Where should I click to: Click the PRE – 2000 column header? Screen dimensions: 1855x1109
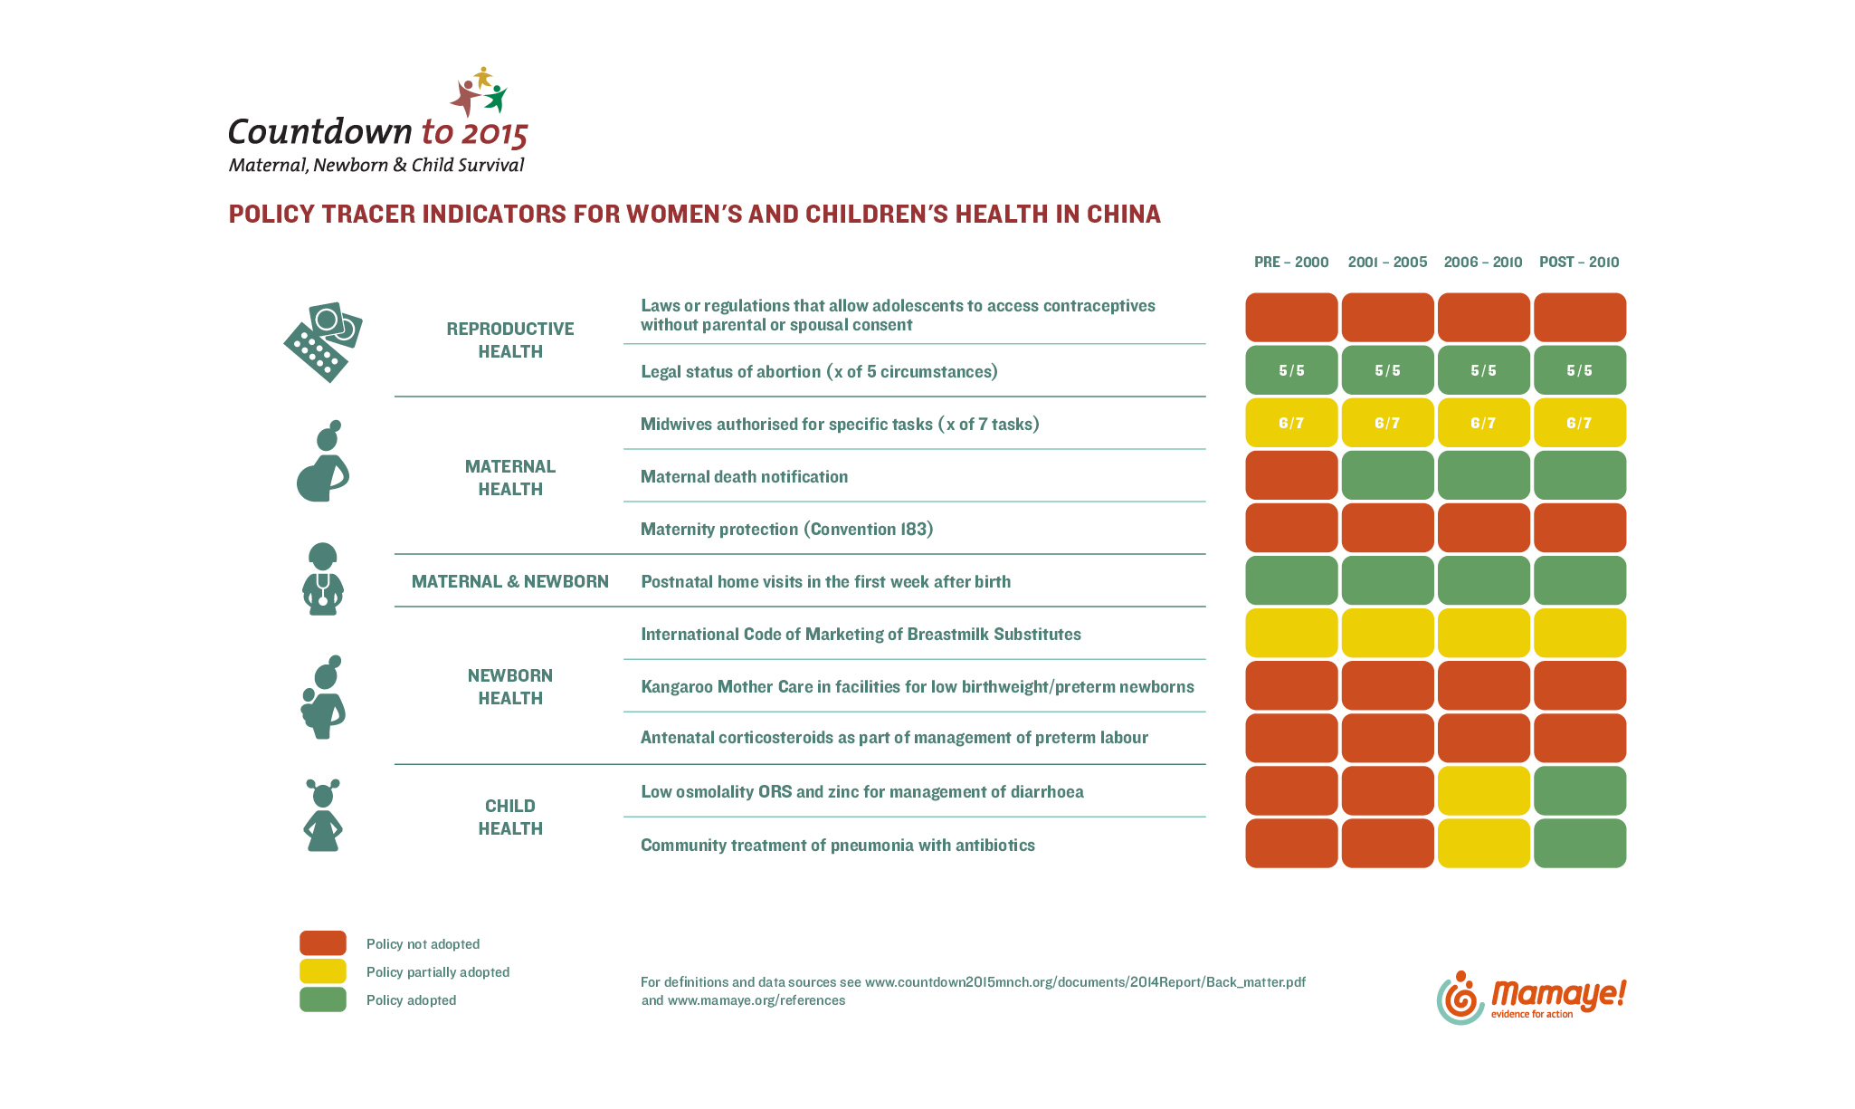[x=1291, y=263]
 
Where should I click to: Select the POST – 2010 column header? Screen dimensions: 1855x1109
[x=1579, y=263]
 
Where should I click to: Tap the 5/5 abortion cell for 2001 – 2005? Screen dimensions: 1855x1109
[x=1387, y=370]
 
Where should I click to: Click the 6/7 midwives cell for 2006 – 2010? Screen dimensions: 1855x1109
[x=1483, y=423]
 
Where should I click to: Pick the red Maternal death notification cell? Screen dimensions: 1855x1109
[x=1291, y=475]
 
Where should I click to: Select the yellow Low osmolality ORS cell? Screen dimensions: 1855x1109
[x=1483, y=790]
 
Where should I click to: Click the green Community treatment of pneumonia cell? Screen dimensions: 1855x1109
[x=1579, y=843]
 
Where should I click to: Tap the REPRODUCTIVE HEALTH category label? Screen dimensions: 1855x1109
[x=510, y=340]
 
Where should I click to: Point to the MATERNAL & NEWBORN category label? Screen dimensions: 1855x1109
[x=510, y=581]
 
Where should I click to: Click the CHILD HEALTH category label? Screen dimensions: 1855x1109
[x=510, y=817]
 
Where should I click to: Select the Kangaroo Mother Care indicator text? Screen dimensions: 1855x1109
[x=918, y=687]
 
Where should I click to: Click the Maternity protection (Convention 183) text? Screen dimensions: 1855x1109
[x=786, y=530]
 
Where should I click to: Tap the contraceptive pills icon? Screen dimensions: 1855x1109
[x=323, y=342]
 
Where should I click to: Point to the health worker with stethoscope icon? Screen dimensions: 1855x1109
[x=323, y=579]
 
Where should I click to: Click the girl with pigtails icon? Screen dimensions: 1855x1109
[x=323, y=815]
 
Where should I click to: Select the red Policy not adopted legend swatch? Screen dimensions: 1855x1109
[x=323, y=943]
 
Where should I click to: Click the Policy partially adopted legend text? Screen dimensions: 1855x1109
[x=438, y=972]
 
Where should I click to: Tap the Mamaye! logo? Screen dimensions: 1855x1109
[x=1531, y=998]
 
